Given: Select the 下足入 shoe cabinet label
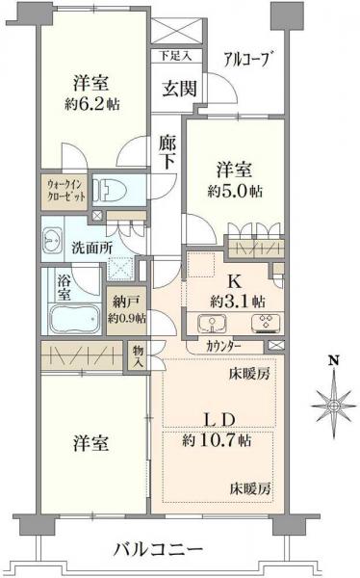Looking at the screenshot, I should pos(176,56).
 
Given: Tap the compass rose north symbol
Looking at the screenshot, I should pos(333,394).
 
